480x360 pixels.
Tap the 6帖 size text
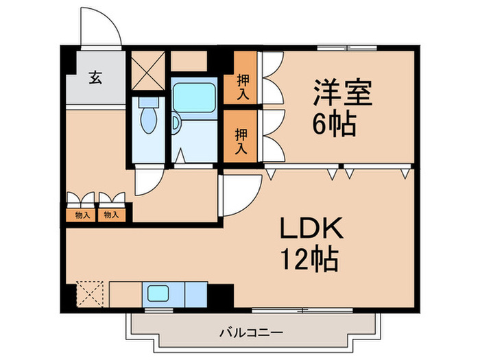point(334,124)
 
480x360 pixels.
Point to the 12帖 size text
point(308,259)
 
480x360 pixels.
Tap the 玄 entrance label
point(95,77)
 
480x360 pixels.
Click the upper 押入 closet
point(242,85)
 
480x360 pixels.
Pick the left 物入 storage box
point(81,215)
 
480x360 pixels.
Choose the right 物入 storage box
point(112,215)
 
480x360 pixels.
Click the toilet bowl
point(148,121)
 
